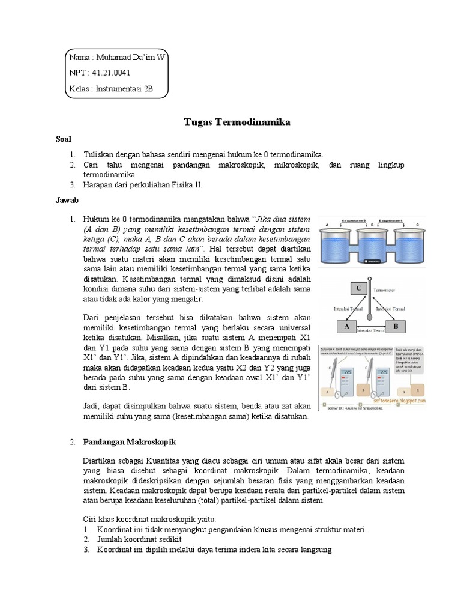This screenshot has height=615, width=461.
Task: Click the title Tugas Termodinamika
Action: tap(237, 122)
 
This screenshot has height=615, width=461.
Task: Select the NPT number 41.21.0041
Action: tap(111, 73)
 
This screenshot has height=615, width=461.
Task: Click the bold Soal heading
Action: tap(64, 139)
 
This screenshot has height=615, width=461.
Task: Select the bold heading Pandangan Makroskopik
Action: tap(126, 442)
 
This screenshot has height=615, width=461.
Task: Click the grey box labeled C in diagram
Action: tap(360, 288)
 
